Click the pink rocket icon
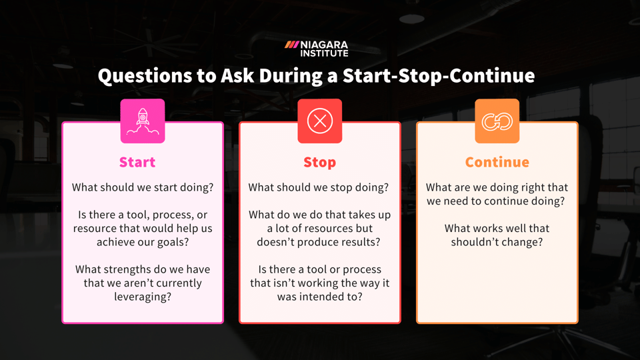(x=142, y=121)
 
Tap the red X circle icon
(x=319, y=121)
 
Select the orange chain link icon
(x=497, y=121)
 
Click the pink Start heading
(x=137, y=162)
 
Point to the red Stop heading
(x=319, y=162)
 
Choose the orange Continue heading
(x=497, y=162)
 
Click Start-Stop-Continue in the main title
(x=438, y=76)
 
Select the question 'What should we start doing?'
(x=143, y=188)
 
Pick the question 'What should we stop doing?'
(x=318, y=188)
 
